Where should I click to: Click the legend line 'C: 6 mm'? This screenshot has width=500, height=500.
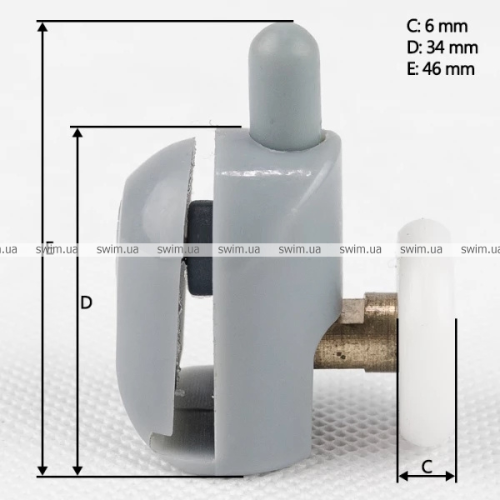tap(437, 26)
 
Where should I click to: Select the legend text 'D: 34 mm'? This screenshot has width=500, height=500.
tap(442, 47)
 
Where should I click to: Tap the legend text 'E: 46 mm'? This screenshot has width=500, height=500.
tap(441, 69)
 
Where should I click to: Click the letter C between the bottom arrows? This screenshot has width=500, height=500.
tap(427, 467)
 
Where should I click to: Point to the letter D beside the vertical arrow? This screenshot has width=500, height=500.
tap(86, 302)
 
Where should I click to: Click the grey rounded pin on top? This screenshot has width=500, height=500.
tap(284, 86)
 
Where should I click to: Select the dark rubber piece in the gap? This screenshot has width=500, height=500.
tap(199, 248)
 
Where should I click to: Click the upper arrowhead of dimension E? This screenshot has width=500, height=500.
tap(42, 27)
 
